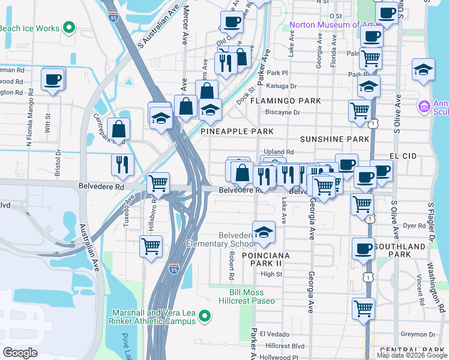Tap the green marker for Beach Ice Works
pos(69,27)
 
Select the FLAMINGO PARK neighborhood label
pos(286,101)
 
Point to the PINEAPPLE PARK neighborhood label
pos(237,131)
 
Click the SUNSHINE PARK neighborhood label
pos(334,139)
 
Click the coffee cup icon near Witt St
pos(53,79)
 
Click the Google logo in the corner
pos(20,352)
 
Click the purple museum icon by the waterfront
pos(424,107)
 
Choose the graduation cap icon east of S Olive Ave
pos(423,70)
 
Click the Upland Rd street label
pos(278,152)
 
